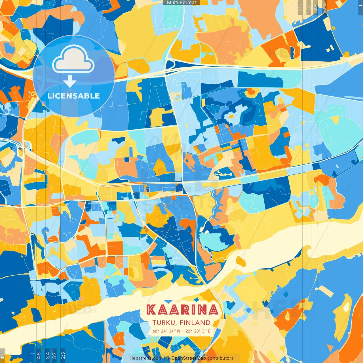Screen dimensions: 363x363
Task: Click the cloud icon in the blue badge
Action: (x=73, y=60)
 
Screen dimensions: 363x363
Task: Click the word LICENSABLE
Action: (x=74, y=96)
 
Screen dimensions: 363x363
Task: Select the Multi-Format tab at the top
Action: (x=181, y=3)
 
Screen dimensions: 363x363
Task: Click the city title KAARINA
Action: (x=183, y=310)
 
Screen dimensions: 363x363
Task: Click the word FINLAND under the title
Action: (x=195, y=323)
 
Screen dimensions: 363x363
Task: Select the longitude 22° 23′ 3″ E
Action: (x=198, y=331)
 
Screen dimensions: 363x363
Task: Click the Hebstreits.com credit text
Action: (x=146, y=358)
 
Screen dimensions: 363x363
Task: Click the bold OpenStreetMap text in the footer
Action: (x=189, y=358)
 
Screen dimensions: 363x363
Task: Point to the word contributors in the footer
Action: (x=220, y=358)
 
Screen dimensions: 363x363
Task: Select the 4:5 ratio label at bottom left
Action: (x=39, y=356)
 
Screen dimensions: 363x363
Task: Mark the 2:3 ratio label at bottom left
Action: (x=63, y=356)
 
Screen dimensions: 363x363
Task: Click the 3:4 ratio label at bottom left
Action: (x=47, y=356)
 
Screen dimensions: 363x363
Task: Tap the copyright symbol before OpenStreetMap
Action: (x=168, y=358)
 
